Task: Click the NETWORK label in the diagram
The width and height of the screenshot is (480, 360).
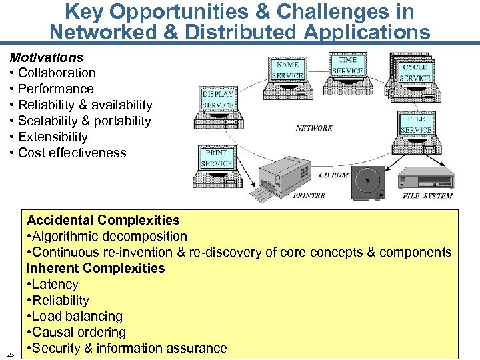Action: (x=314, y=128)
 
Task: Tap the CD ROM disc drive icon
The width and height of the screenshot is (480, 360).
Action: (x=368, y=182)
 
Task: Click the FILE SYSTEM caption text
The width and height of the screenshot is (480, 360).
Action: (x=427, y=196)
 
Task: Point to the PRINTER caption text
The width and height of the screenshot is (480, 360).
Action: (x=309, y=196)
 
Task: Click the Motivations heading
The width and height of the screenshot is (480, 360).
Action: (x=46, y=57)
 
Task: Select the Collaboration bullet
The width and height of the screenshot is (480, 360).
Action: (x=57, y=73)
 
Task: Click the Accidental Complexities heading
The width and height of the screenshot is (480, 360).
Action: (x=103, y=220)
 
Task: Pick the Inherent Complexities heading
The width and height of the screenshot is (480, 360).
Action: (x=95, y=268)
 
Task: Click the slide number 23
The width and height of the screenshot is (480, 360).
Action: (x=11, y=354)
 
